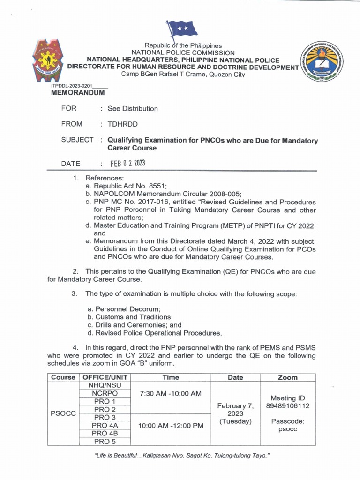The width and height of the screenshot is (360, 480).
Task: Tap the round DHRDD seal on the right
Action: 319,64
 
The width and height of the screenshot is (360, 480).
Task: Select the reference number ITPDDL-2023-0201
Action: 72,86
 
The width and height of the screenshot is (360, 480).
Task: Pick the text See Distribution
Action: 133,109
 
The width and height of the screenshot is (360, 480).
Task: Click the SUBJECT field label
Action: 77,140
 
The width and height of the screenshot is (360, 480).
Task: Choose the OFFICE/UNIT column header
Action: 105,377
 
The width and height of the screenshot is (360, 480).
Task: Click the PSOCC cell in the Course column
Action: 63,414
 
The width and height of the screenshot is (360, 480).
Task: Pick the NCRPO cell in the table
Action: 105,393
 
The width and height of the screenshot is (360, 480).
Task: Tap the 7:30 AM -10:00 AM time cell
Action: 171,393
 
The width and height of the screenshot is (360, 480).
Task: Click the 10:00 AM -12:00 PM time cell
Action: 171,426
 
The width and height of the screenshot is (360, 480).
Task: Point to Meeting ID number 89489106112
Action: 288,405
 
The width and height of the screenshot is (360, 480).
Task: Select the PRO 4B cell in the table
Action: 105,433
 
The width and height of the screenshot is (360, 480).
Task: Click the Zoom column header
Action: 288,377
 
